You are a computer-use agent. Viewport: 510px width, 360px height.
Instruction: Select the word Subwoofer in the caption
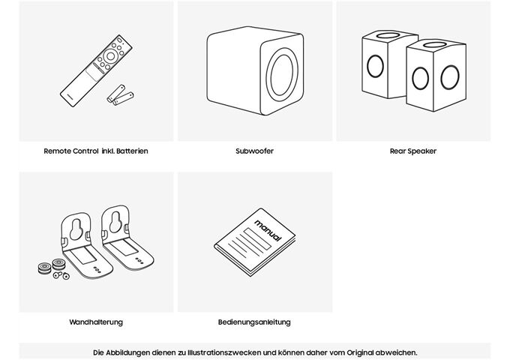pyautogui.click(x=254, y=151)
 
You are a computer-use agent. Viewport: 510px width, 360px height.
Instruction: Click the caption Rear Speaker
pyautogui.click(x=412, y=151)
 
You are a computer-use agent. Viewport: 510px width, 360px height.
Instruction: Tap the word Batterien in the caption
pyautogui.click(x=132, y=151)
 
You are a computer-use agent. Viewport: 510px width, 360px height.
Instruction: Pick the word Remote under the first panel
pyautogui.click(x=58, y=151)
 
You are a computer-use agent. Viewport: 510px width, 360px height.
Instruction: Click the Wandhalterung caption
pyautogui.click(x=95, y=322)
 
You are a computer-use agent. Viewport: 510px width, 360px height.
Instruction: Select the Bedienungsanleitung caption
pyautogui.click(x=254, y=322)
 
